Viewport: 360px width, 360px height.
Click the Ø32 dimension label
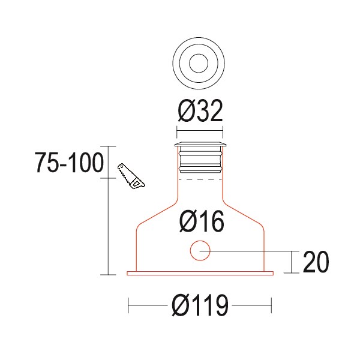[x=200, y=111]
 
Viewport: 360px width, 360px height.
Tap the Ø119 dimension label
[x=200, y=307]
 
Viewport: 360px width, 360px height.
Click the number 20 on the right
[x=316, y=262]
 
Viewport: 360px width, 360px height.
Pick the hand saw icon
[x=131, y=176]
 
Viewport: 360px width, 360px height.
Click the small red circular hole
[x=200, y=250]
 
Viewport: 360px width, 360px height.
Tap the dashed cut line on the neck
[x=200, y=179]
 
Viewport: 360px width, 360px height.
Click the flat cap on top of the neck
[x=200, y=145]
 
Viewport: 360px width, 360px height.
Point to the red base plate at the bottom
[x=200, y=274]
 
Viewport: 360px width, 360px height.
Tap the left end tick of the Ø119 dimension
[x=129, y=307]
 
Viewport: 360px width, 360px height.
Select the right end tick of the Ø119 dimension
[x=271, y=307]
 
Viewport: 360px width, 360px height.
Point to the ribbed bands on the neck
[x=200, y=161]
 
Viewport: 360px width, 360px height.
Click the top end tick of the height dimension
[x=107, y=146]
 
